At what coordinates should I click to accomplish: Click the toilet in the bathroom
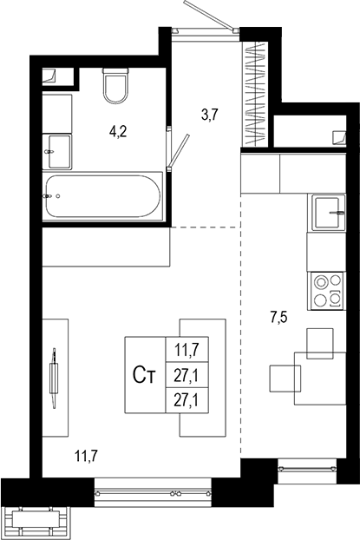pyautogui.click(x=115, y=85)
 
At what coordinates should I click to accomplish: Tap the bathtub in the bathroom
pyautogui.click(x=102, y=196)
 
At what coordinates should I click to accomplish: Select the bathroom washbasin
pyautogui.click(x=57, y=152)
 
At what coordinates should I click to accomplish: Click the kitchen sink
pyautogui.click(x=328, y=212)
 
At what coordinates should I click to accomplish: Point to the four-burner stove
pyautogui.click(x=327, y=291)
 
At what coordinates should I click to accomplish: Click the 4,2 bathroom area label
pyautogui.click(x=118, y=131)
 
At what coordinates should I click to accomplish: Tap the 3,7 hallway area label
pyautogui.click(x=210, y=115)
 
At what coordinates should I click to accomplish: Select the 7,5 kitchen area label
pyautogui.click(x=278, y=317)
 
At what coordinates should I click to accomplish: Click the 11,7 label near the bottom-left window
pyautogui.click(x=87, y=457)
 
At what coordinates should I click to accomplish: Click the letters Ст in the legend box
pyautogui.click(x=145, y=375)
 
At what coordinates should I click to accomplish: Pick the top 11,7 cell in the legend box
pyautogui.click(x=187, y=349)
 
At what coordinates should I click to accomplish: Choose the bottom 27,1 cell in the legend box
pyautogui.click(x=187, y=400)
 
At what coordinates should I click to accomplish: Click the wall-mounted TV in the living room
pyautogui.click(x=54, y=378)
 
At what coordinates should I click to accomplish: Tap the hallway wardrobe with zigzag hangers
pyautogui.click(x=255, y=94)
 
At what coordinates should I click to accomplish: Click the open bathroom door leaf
pyautogui.click(x=179, y=149)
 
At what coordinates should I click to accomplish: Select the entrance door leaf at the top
pyautogui.click(x=209, y=15)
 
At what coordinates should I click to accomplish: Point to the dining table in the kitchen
pyautogui.click(x=320, y=379)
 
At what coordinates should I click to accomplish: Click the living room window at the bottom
pyautogui.click(x=153, y=493)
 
